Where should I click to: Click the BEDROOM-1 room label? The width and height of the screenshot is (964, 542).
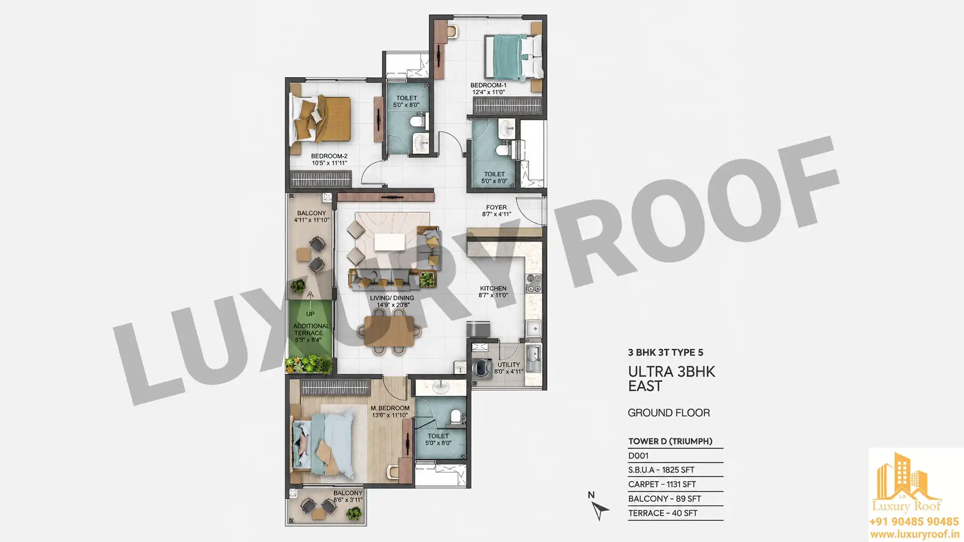click(x=488, y=85)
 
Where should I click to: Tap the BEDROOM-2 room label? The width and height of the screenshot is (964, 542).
click(x=329, y=156)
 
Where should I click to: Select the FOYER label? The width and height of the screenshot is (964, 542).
click(x=496, y=207)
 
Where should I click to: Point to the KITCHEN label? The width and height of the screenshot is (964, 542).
click(x=493, y=288)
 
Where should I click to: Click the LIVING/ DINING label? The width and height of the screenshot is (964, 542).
click(x=392, y=298)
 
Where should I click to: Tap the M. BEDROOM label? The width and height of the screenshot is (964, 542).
click(x=390, y=408)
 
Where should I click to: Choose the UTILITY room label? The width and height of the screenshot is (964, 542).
click(x=509, y=365)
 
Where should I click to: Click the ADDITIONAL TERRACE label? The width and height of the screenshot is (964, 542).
click(x=311, y=329)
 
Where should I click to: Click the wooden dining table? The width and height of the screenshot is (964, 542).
click(x=390, y=331)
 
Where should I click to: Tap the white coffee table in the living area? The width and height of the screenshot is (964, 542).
click(x=390, y=242)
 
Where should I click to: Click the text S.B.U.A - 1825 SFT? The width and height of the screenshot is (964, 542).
click(x=661, y=470)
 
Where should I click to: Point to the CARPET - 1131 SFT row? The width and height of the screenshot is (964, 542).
click(x=662, y=484)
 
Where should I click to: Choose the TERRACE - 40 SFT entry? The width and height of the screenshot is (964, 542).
click(x=663, y=513)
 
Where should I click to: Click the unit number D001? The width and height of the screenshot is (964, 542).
click(x=638, y=456)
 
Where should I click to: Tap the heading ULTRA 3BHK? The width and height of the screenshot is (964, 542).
click(x=671, y=372)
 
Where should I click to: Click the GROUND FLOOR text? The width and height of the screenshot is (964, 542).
click(x=669, y=413)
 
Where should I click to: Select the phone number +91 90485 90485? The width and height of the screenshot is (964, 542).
click(x=914, y=521)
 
